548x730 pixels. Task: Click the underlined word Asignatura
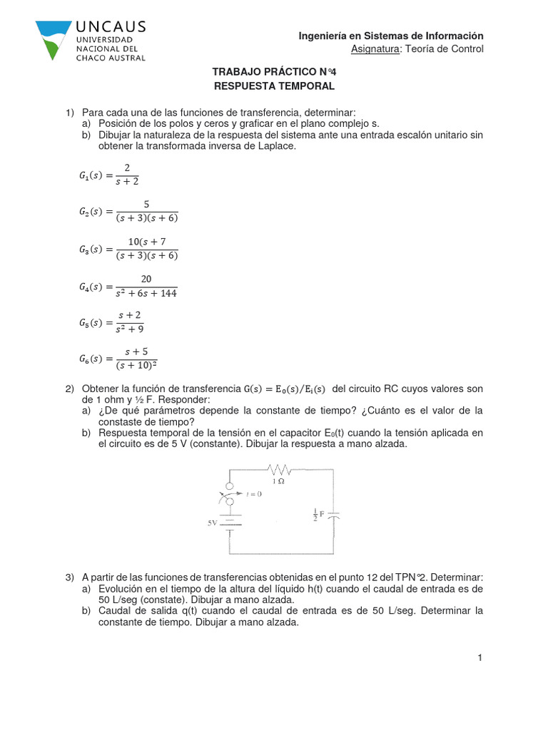pos(375,48)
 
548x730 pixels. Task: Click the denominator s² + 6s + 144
pos(147,293)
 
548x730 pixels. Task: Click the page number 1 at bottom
pos(481,658)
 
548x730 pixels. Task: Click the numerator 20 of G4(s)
pos(146,279)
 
